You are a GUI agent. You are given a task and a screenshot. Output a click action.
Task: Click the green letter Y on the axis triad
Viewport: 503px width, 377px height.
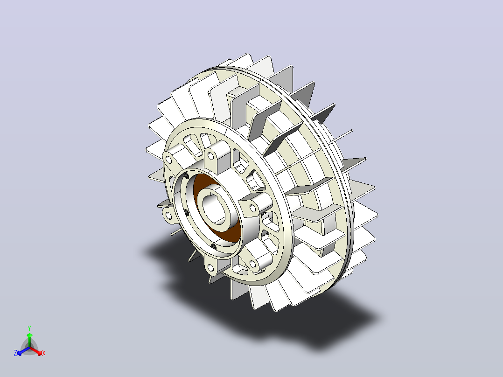(x=29, y=328)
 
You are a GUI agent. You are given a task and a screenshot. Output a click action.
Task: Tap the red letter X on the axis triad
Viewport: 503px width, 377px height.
(x=44, y=353)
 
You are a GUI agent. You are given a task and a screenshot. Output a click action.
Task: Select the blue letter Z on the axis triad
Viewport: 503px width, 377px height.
(x=15, y=353)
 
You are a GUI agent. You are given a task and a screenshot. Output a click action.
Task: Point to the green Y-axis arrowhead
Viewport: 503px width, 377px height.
(x=29, y=335)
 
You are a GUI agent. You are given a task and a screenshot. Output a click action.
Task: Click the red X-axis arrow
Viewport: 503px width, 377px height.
(x=35, y=350)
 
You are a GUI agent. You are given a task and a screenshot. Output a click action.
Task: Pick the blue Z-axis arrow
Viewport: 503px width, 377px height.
(x=23, y=351)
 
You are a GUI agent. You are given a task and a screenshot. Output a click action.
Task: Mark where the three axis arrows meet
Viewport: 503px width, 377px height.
(x=29, y=348)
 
